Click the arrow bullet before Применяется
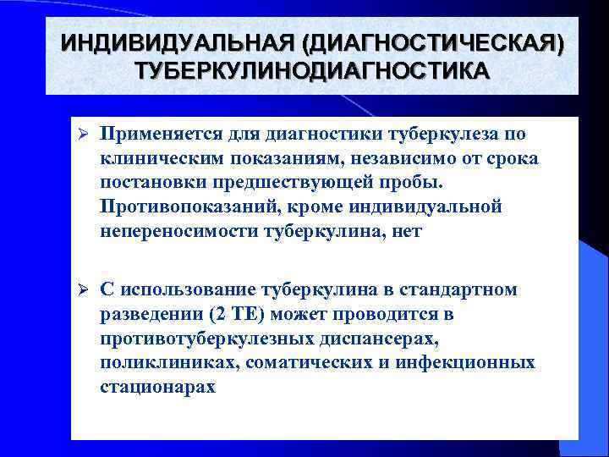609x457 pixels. click(x=84, y=135)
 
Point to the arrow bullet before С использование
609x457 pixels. click(x=84, y=290)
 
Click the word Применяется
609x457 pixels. click(x=159, y=135)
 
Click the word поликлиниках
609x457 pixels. click(x=157, y=363)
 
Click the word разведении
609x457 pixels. click(x=148, y=314)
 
